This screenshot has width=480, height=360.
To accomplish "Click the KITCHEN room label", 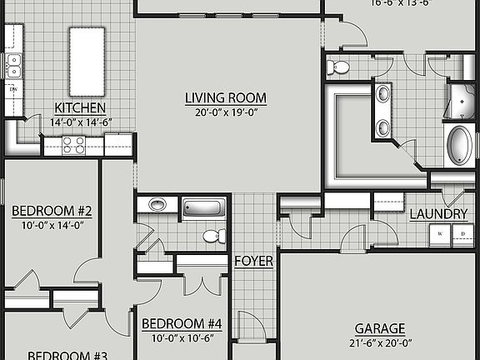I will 80,107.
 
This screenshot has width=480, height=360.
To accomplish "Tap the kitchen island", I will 87,61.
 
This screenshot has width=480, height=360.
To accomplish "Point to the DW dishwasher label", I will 13,87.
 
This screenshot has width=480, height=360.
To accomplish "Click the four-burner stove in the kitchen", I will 74,145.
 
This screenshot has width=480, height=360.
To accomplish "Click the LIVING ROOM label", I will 221,97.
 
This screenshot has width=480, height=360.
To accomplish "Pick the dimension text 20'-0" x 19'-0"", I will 221,112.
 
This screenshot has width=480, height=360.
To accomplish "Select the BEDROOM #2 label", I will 52,209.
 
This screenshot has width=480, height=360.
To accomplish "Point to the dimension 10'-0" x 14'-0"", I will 52,224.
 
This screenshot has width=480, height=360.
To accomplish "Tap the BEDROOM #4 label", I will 181,323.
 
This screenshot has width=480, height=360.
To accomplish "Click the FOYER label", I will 253,261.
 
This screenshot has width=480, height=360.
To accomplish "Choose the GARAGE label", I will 379,328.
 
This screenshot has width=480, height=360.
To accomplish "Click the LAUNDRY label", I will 438,214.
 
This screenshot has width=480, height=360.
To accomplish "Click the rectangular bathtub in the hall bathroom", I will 202,208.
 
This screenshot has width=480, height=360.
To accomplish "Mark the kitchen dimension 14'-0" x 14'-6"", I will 80,122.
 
